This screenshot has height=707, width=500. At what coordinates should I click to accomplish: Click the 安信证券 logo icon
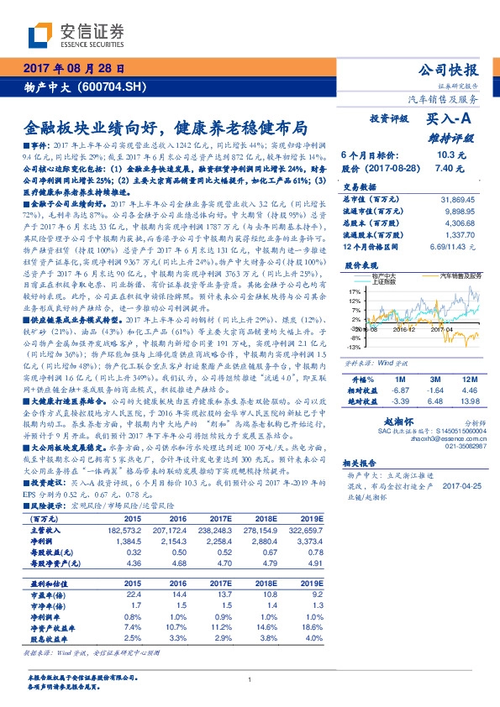click(x=42, y=34)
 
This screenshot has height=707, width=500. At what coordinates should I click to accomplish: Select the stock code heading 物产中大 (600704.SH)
click(x=76, y=86)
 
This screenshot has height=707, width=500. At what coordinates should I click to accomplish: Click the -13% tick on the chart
click(x=354, y=346)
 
